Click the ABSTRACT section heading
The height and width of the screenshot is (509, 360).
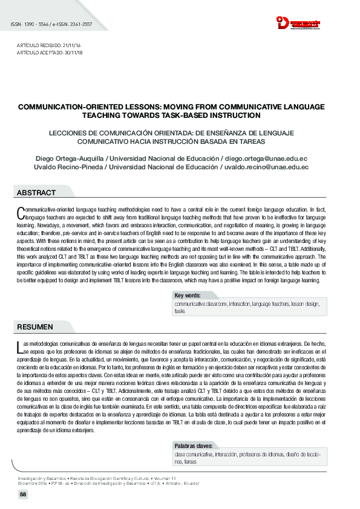(x=36, y=193)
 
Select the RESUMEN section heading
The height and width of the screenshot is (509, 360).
(x=34, y=327)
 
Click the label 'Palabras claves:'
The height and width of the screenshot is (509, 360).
(x=194, y=446)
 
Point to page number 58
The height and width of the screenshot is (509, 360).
(x=23, y=494)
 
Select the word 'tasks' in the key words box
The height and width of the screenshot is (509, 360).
(x=180, y=311)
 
